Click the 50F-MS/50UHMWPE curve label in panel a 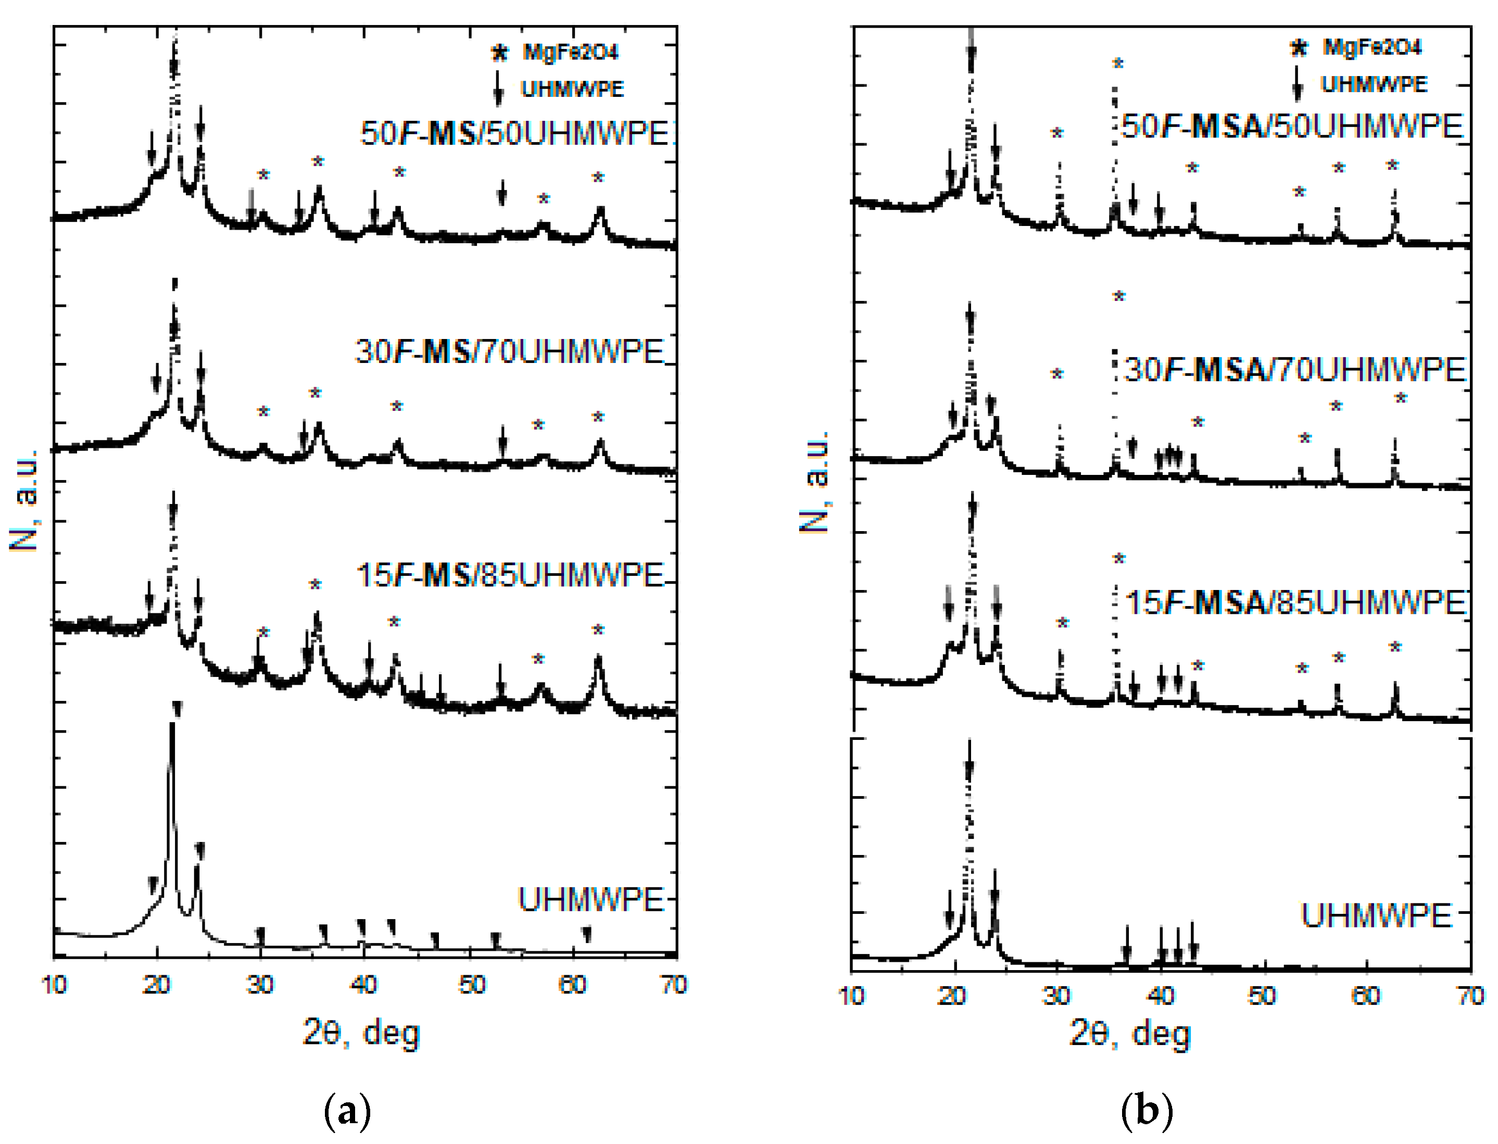point(515,133)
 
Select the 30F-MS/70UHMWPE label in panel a point(509,352)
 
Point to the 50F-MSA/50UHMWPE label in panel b point(1292,127)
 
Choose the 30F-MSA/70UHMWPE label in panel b point(1294,370)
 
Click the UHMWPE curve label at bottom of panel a point(590,900)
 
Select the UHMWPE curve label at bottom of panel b point(1376,916)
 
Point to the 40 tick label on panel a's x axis point(364,985)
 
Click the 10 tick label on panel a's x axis point(55,985)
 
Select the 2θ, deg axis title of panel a point(361,1034)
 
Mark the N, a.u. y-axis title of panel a point(24,500)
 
